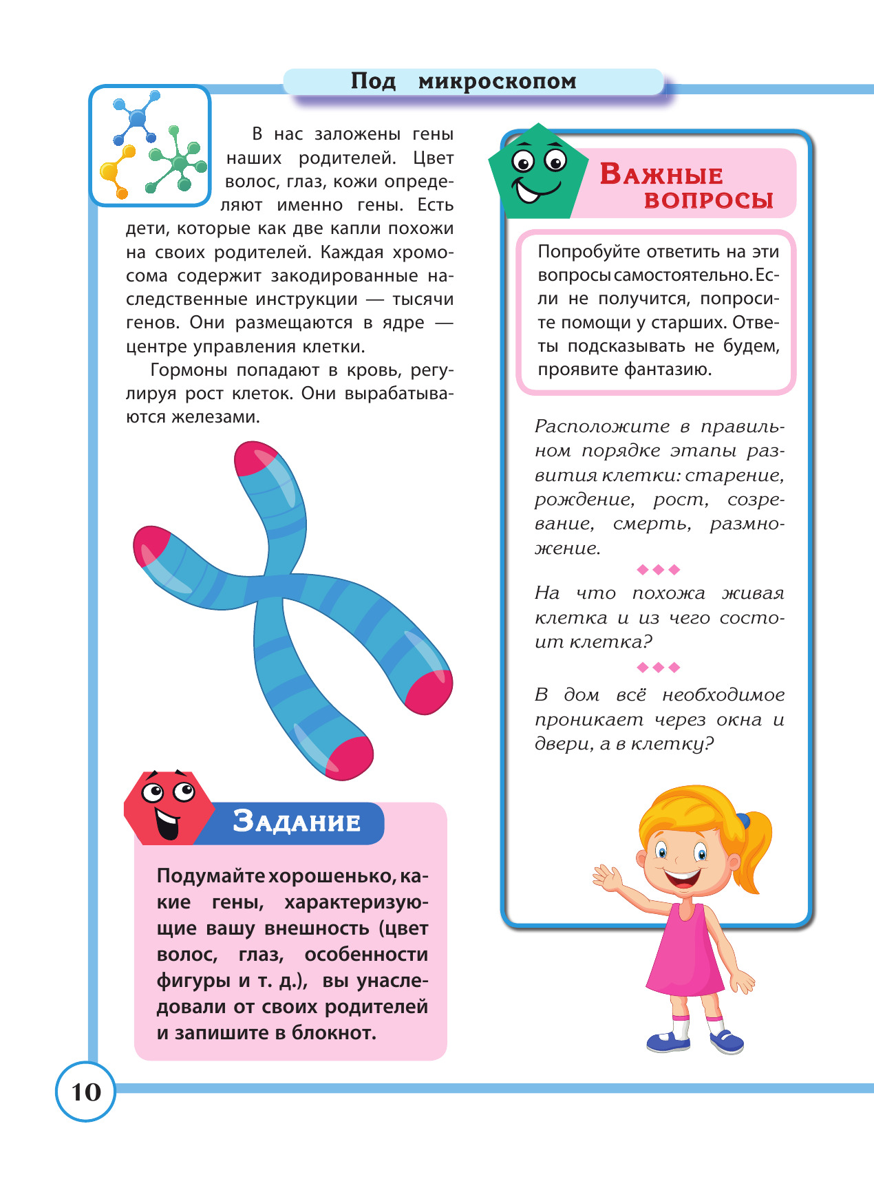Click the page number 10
coord(86,1092)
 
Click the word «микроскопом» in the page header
coord(497,81)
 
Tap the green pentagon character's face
coord(537,173)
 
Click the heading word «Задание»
coord(297,821)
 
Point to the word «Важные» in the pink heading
coord(661,175)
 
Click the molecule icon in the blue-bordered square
coord(150,146)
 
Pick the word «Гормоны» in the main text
coord(189,370)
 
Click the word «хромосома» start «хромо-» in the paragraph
coord(423,253)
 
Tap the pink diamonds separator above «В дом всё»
coord(659,667)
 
